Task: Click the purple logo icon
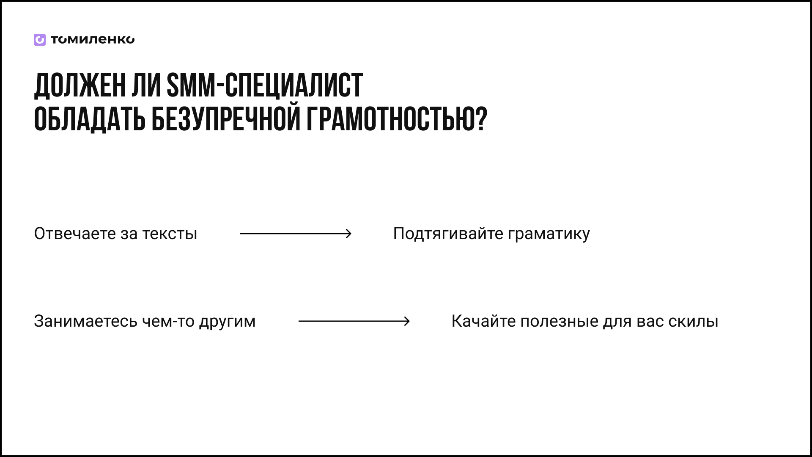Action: pos(40,40)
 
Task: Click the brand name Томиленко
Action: pos(93,40)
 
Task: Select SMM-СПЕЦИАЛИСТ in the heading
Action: pos(265,85)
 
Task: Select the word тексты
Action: pos(170,234)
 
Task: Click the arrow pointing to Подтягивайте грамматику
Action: pos(296,234)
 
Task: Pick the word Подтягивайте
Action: pos(448,234)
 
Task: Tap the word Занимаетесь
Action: pos(86,322)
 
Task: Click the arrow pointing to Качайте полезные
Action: pos(354,321)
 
